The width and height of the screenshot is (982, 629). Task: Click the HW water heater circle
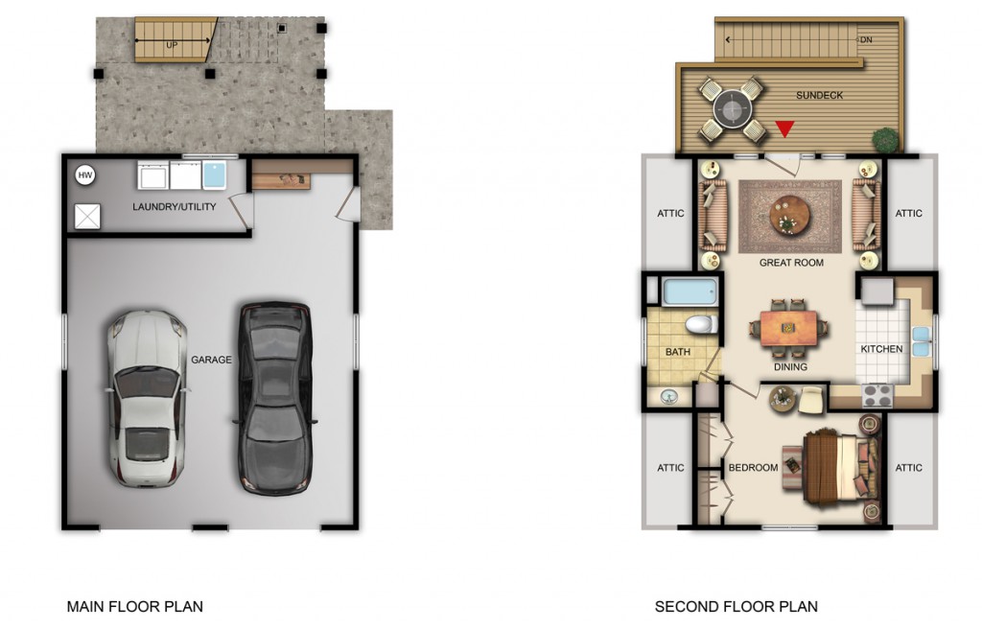point(85,175)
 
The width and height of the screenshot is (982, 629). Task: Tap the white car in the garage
point(147,399)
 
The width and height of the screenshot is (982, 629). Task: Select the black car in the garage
point(275,399)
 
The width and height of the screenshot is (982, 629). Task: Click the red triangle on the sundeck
point(784,128)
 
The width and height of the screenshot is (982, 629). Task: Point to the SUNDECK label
point(819,95)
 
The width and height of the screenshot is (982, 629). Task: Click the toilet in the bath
point(701,324)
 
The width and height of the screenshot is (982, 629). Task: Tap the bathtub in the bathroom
point(690,291)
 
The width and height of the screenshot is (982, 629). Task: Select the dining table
point(788,328)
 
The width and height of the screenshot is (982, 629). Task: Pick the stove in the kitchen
point(877,395)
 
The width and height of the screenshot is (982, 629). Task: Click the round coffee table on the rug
point(789,216)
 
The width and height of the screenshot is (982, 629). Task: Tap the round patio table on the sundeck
point(732,110)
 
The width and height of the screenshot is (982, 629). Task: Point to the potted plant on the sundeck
point(885,139)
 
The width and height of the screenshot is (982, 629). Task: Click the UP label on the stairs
point(172,45)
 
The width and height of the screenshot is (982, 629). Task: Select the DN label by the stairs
point(866,39)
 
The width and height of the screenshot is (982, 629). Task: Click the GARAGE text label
point(211,360)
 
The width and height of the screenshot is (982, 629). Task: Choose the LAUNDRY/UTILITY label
point(175,207)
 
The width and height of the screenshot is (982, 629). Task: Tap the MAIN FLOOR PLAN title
point(134,606)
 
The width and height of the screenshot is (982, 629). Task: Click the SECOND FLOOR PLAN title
point(736,606)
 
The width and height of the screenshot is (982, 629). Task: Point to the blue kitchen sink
point(921,341)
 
